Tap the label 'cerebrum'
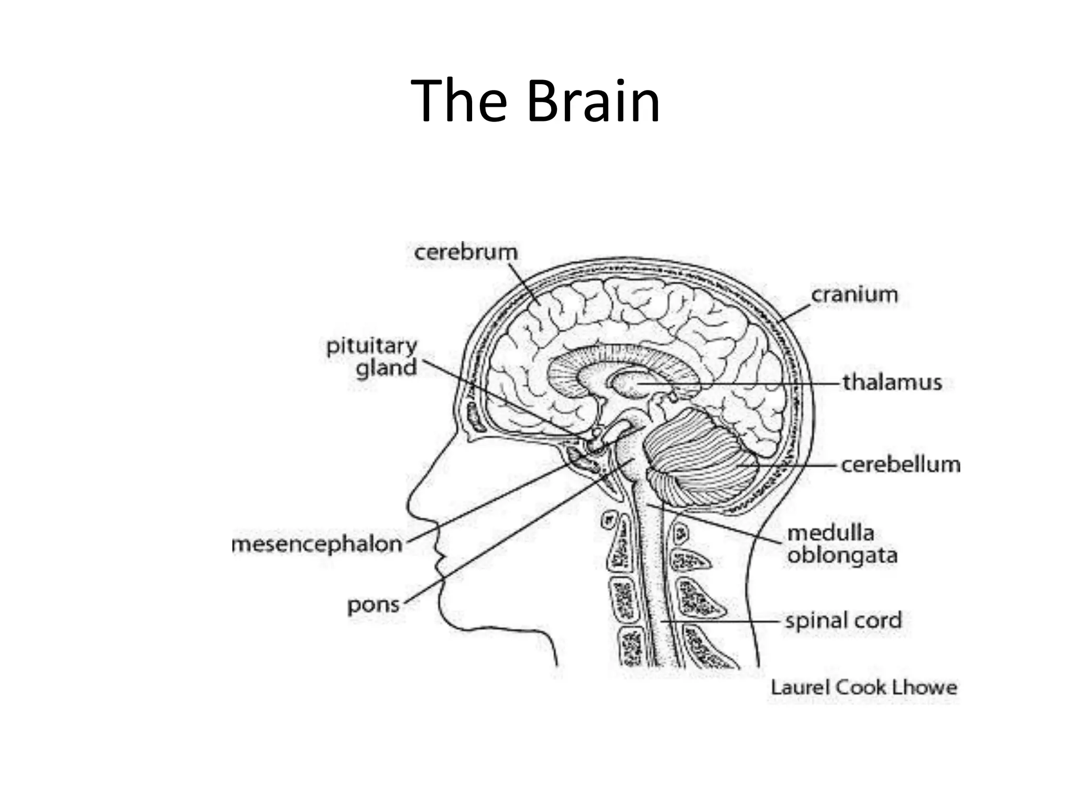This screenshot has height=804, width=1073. coord(466,252)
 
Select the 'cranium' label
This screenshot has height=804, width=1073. coord(854,295)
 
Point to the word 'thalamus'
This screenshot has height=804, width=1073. coord(892,383)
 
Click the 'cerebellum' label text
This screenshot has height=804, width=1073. coord(901,465)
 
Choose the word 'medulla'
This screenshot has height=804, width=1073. coord(831,533)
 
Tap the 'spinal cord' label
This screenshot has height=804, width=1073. coord(843,621)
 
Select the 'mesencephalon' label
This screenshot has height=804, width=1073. coord(317,545)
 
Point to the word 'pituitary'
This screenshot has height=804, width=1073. coord(371,346)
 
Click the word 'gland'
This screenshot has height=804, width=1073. coord(386,368)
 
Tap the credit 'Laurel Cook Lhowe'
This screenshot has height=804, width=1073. coord(863,687)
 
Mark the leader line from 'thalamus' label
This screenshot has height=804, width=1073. coord(760,384)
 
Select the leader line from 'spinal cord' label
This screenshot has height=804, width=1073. coord(723,621)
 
